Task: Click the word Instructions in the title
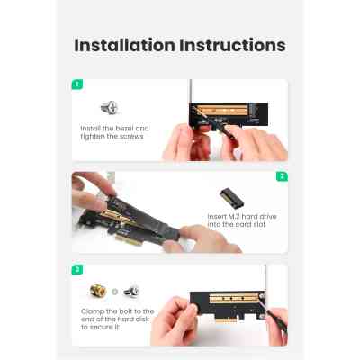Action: (233, 45)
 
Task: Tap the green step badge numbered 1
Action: (77, 84)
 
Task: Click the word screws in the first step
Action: (130, 138)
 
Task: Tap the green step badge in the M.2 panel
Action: (282, 176)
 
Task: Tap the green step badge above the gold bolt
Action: (77, 269)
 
